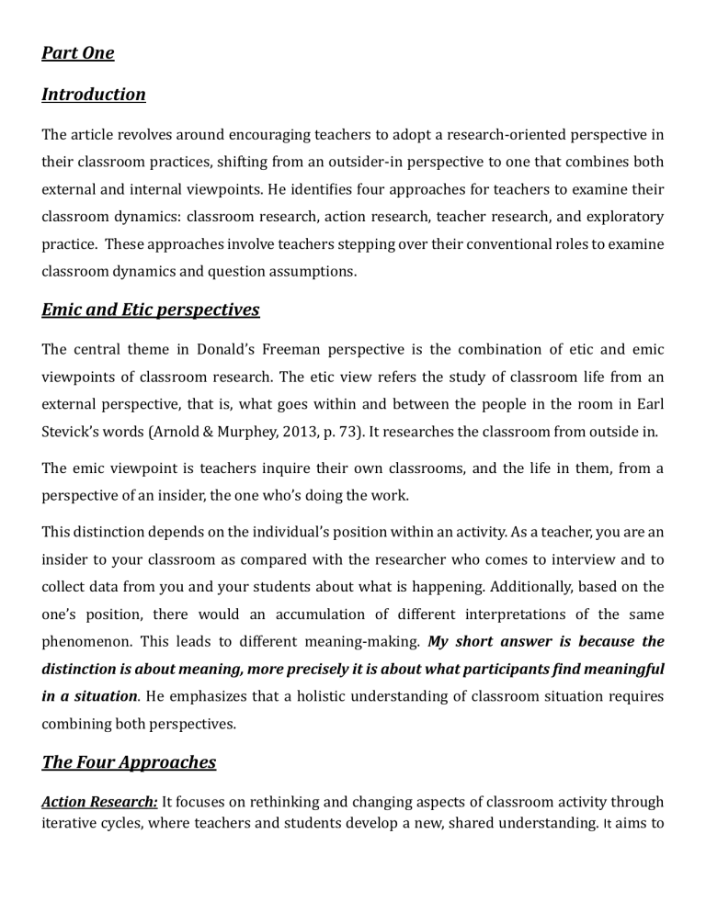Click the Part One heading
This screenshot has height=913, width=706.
tap(78, 52)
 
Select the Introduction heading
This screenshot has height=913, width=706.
tap(94, 94)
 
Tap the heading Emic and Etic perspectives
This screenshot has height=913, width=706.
tap(151, 309)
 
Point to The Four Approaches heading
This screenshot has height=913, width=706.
tap(129, 761)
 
